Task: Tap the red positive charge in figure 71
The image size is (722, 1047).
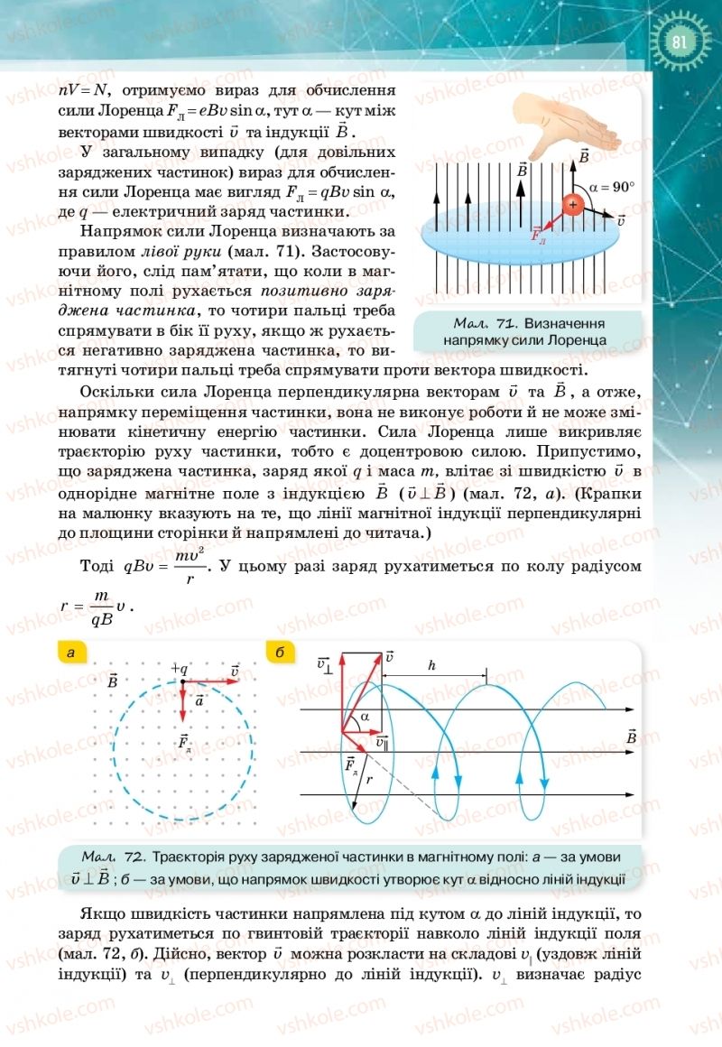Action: click(x=572, y=205)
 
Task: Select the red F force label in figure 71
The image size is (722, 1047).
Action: click(x=539, y=234)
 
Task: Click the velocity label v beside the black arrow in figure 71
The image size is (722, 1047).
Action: click(x=621, y=219)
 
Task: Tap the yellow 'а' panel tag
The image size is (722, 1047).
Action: click(x=70, y=653)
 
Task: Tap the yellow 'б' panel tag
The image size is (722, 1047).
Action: click(x=279, y=653)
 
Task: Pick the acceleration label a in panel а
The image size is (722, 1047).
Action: click(x=199, y=699)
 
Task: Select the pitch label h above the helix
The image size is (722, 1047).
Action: click(x=432, y=665)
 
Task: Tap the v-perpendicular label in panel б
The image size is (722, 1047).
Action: click(x=327, y=663)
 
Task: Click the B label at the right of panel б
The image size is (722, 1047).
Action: click(x=631, y=737)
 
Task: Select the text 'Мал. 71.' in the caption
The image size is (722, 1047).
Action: click(x=484, y=323)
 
